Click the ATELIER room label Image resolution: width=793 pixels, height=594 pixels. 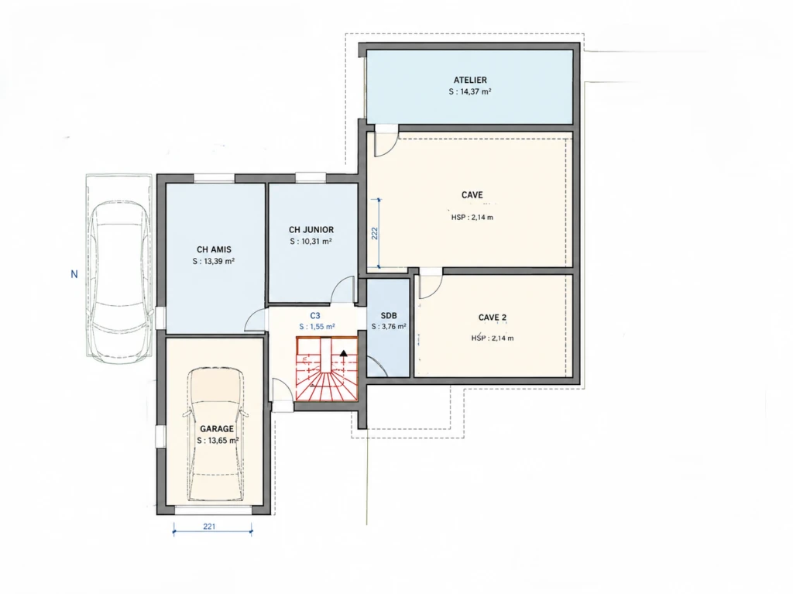470,80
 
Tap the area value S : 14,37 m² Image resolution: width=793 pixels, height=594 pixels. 470,91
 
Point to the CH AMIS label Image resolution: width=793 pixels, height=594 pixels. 214,249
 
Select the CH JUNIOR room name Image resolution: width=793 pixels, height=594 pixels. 311,230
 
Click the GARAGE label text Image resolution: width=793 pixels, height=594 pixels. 217,429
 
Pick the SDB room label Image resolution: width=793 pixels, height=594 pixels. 389,316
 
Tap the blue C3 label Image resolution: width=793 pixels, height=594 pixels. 315,316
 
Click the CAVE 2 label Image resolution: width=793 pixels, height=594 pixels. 493,318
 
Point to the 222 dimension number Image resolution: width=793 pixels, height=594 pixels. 375,233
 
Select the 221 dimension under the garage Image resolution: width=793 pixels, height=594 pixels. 209,526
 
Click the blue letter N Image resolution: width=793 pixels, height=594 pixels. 74,274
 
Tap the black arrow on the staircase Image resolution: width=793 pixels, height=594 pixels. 344,353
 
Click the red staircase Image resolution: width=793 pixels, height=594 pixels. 327,369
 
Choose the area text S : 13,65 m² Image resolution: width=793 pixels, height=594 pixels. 218,441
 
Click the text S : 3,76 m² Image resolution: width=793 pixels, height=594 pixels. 389,327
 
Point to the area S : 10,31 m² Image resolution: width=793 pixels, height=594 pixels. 311,242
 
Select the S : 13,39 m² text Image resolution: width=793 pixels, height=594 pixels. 214,261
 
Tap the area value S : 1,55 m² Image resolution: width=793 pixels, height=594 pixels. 317,327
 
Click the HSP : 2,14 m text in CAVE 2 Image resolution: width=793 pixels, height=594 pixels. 493,338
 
